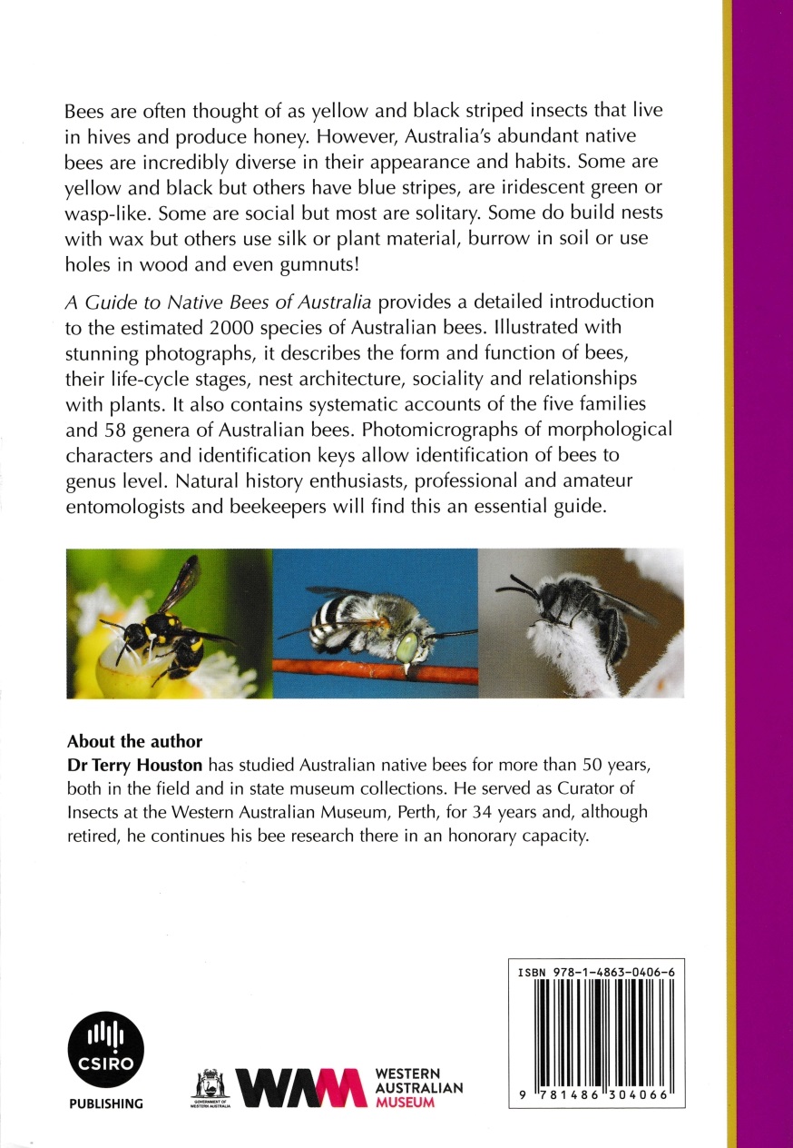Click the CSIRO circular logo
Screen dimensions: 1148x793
pyautogui.click(x=106, y=1049)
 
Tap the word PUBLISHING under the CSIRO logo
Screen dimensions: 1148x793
pyautogui.click(x=106, y=1104)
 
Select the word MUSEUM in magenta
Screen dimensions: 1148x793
pyautogui.click(x=405, y=1103)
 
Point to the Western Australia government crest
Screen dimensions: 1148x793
pyautogui.click(x=210, y=1086)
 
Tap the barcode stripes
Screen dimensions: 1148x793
pyautogui.click(x=595, y=1035)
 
